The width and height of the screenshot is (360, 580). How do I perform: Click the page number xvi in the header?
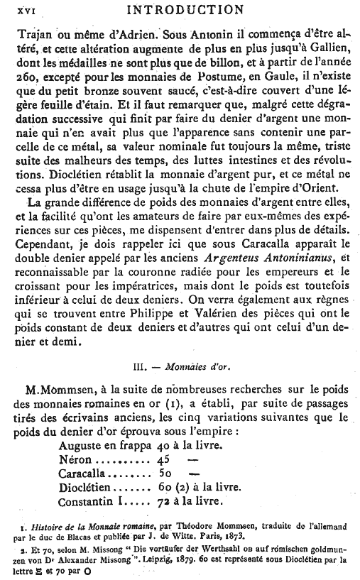(26, 10)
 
